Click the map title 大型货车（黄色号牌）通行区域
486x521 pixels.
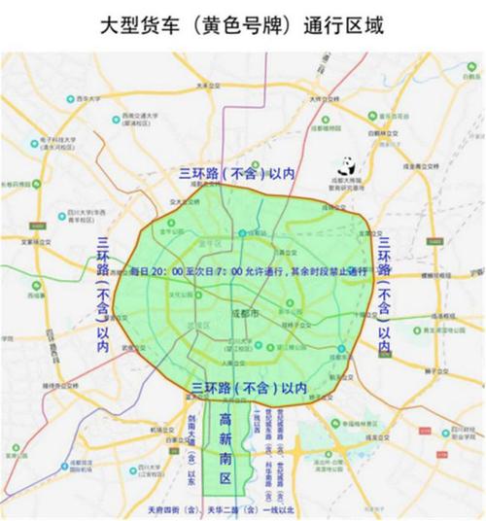tap(243, 24)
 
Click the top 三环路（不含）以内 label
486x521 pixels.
tap(236, 172)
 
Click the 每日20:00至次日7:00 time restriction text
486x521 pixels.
tap(248, 271)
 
